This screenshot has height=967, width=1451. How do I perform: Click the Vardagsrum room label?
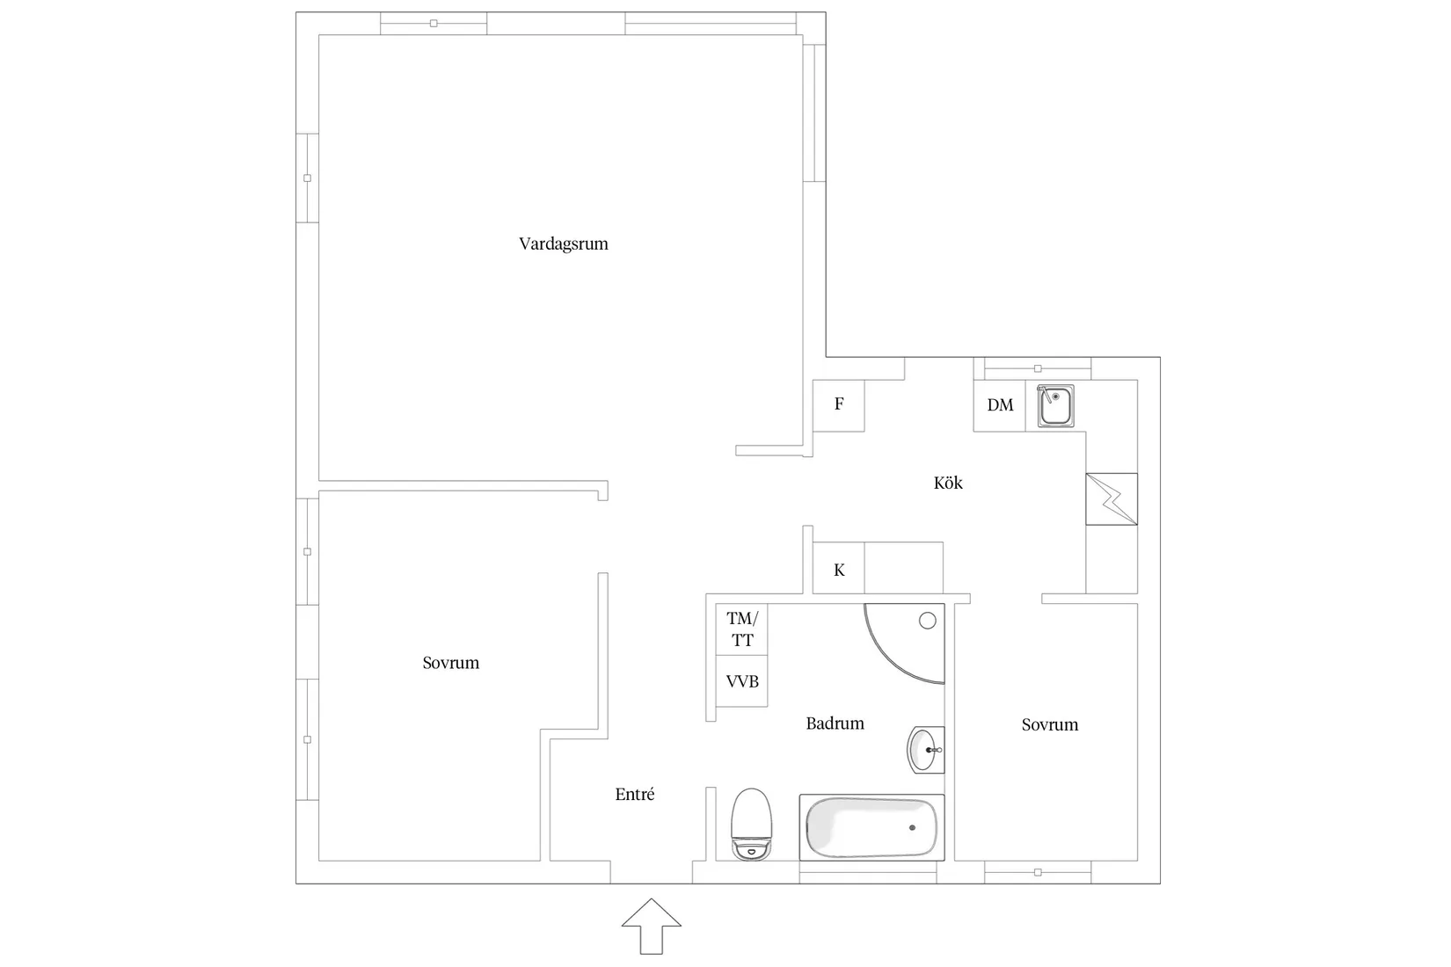(564, 244)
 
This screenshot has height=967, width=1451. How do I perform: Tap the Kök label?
(948, 483)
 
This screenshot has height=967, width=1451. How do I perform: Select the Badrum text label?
(835, 723)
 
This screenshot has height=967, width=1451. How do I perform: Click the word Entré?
(635, 794)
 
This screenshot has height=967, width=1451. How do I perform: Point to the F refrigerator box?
(839, 405)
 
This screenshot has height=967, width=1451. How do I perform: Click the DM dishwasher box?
(1000, 405)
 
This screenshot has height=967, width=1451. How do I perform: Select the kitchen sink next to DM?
(1056, 406)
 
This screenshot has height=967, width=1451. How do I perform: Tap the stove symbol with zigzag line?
(1112, 498)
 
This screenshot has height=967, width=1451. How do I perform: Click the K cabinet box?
(839, 568)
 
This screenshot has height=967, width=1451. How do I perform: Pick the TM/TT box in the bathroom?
(741, 629)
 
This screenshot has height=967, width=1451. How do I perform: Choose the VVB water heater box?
(741, 680)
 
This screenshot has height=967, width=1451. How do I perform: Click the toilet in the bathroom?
(751, 825)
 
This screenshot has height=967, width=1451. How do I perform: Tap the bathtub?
(871, 828)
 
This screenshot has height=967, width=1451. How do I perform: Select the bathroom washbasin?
(926, 750)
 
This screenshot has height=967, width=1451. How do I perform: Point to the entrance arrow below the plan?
(652, 927)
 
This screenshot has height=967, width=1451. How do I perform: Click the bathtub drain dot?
(913, 828)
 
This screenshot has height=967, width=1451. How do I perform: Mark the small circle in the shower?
(928, 621)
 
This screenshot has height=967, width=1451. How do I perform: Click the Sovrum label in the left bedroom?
(451, 663)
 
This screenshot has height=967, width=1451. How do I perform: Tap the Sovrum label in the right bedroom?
(1050, 724)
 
